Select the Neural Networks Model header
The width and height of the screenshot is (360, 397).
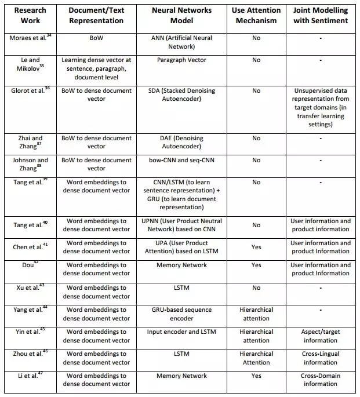tap(182, 16)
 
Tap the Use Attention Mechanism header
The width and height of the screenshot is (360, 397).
tap(256, 16)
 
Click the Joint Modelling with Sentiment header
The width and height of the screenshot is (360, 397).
tap(321, 16)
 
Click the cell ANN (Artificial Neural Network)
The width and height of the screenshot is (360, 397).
tap(182, 41)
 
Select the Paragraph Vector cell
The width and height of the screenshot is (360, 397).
tap(182, 60)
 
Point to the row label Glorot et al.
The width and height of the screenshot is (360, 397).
tap(28, 90)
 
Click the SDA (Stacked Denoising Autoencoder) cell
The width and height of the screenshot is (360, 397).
tap(182, 94)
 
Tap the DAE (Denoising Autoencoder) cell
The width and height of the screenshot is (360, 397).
tap(182, 143)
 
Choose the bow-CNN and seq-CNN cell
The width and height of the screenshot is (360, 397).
tap(182, 161)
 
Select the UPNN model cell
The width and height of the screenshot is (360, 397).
tap(182, 225)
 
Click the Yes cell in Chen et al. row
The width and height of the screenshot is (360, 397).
tap(256, 247)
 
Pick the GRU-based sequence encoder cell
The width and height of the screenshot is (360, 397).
tap(182, 314)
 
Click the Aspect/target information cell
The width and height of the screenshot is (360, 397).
tap(320, 336)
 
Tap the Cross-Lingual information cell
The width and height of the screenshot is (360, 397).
tap(320, 358)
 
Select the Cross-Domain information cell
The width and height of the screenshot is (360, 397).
tap(320, 380)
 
